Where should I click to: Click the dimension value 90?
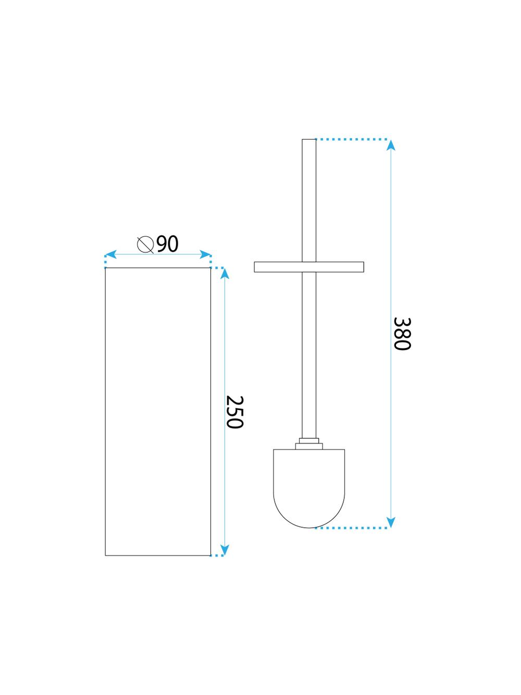(x=167, y=244)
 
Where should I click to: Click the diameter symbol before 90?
(x=145, y=244)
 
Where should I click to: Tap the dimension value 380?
(x=402, y=333)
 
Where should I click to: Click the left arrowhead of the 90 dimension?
(x=110, y=255)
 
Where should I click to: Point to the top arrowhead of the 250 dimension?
(x=225, y=274)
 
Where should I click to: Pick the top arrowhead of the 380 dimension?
(x=391, y=145)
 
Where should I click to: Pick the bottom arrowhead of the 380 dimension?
(x=391, y=522)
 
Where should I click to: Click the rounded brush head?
(x=309, y=490)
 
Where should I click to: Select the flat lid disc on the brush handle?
(x=309, y=267)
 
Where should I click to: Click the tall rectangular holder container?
(x=158, y=412)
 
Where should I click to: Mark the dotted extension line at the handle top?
(x=352, y=140)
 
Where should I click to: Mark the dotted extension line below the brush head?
(x=352, y=528)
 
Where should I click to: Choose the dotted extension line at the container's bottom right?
(x=218, y=556)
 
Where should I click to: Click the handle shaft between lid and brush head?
(x=309, y=354)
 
